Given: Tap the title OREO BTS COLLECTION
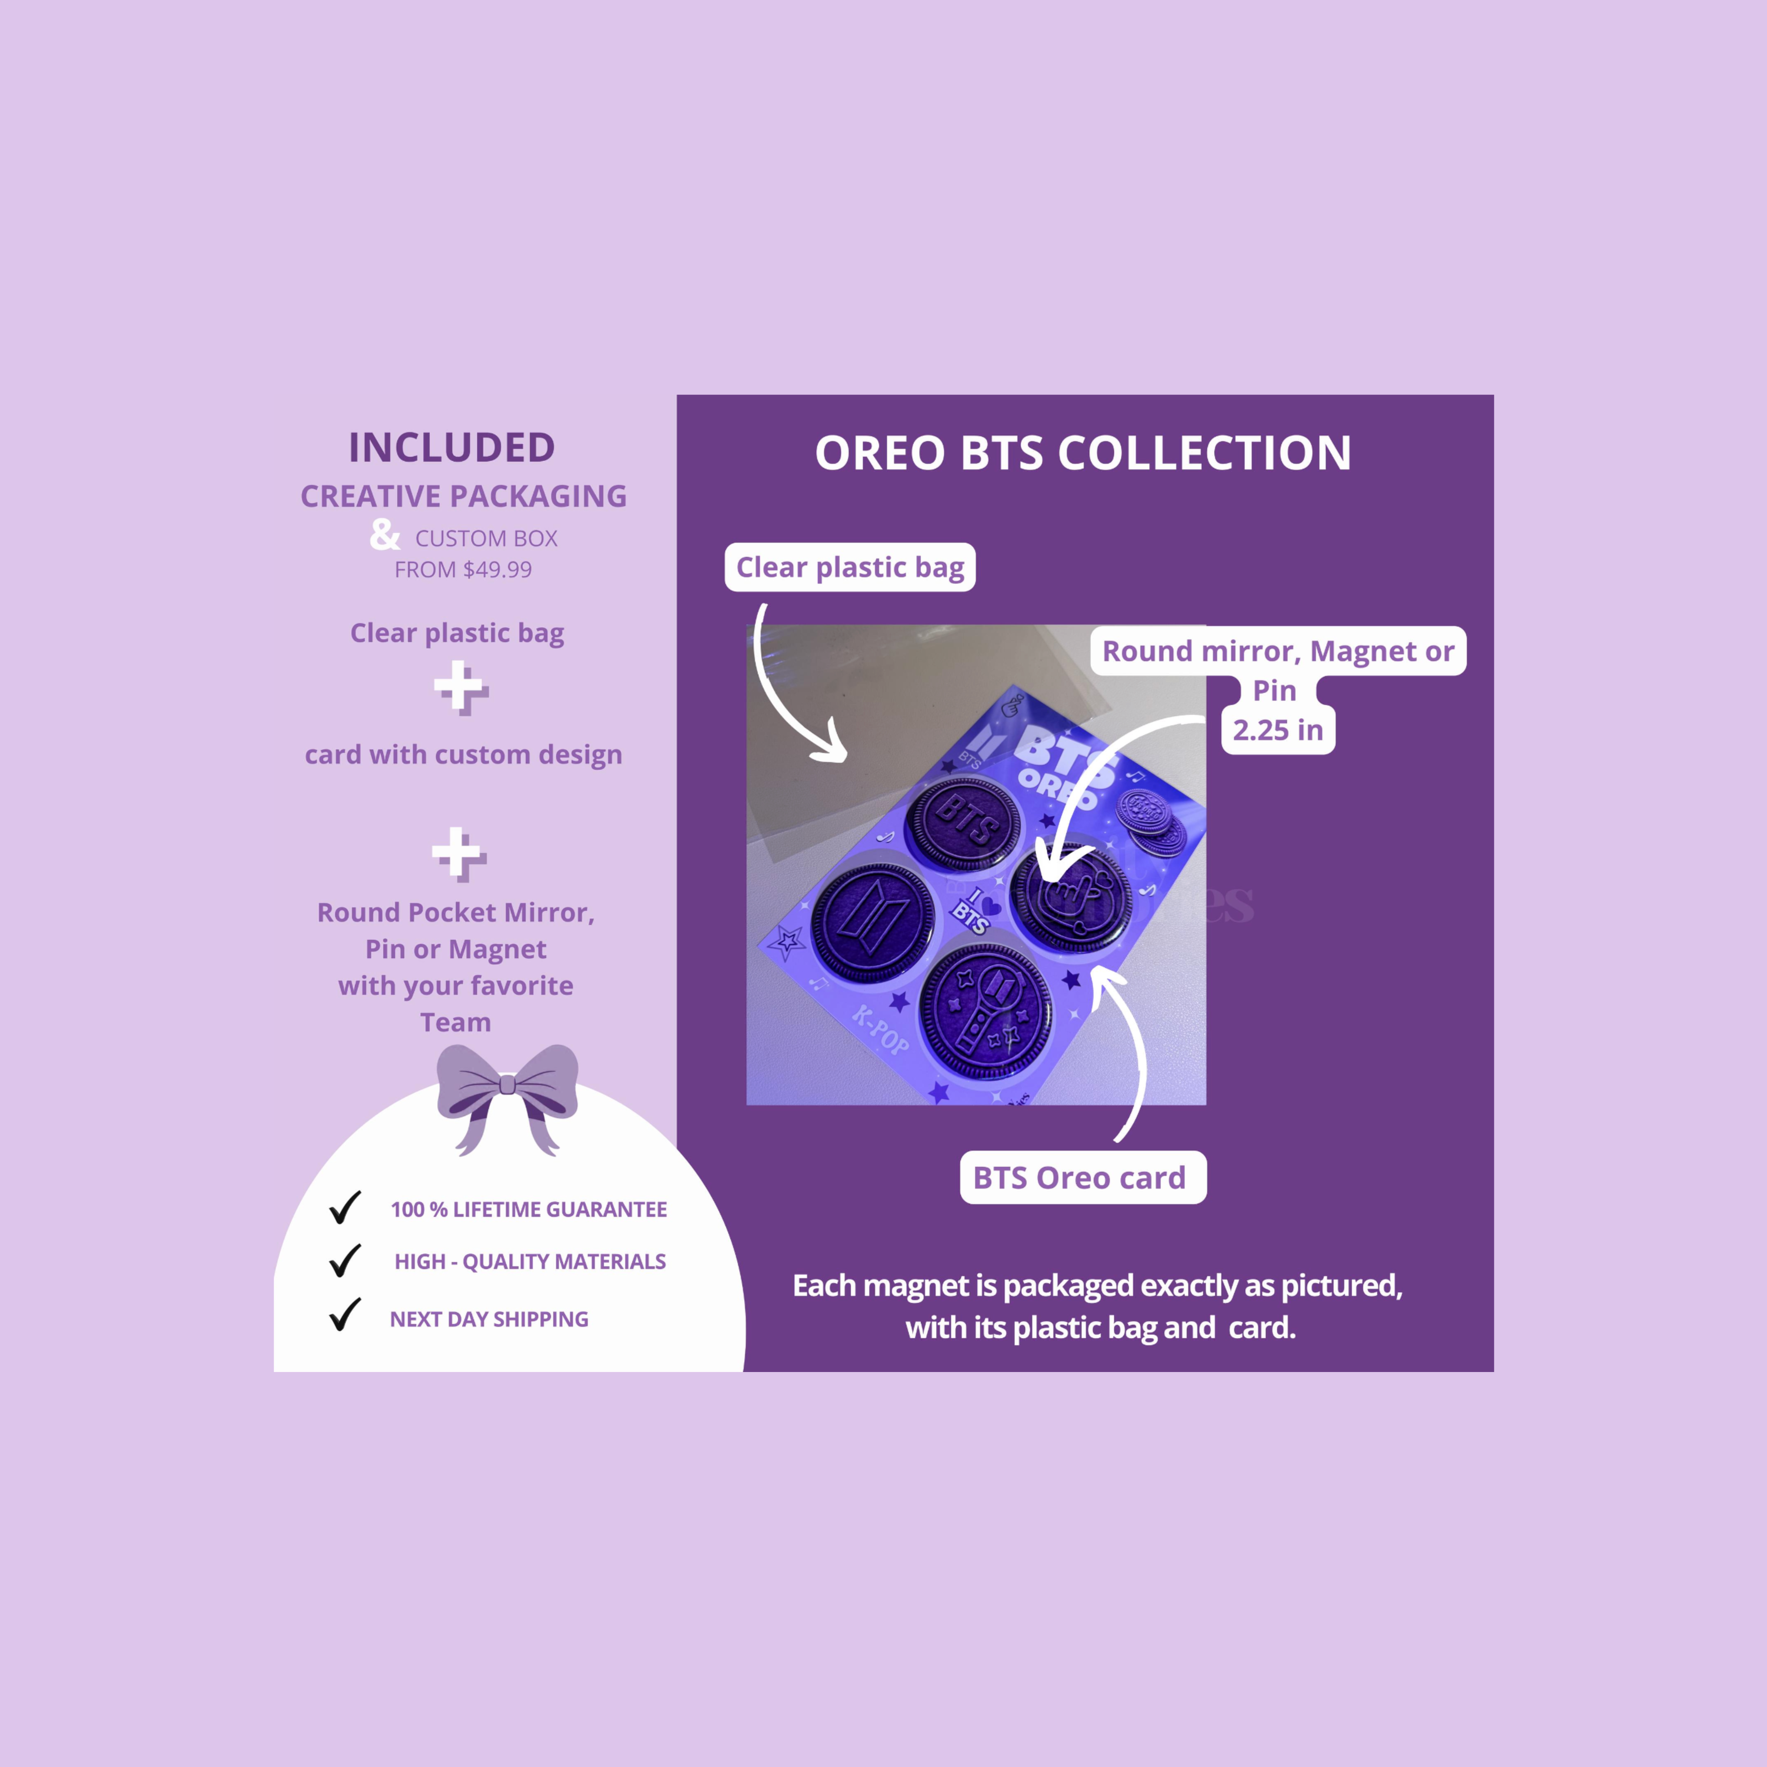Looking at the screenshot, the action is coord(1084,453).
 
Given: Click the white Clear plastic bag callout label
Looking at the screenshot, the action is coord(850,567).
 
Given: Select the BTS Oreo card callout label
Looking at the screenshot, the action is coord(1083,1177).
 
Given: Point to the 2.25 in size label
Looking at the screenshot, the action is coord(1278,730).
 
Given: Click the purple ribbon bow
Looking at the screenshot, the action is coord(508,1097).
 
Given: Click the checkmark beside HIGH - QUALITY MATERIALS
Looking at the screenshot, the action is coord(345,1260).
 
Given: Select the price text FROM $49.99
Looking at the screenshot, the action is coord(463,570).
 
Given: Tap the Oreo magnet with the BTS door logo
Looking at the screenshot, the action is coord(873,924).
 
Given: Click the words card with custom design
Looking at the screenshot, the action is coord(464,755).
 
